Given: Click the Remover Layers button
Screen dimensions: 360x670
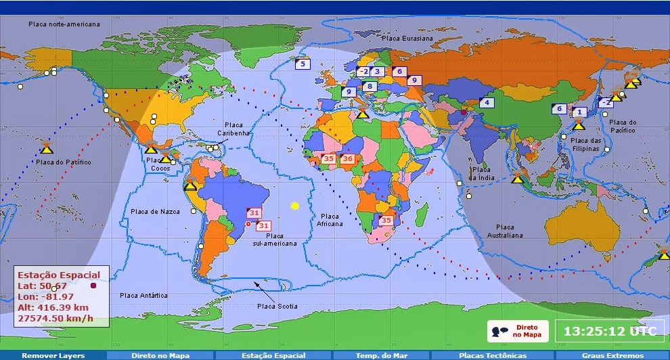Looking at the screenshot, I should click(53, 355).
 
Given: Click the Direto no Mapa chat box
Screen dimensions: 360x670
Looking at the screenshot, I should click(518, 331).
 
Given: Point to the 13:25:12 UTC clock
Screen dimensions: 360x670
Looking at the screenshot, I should click(610, 332).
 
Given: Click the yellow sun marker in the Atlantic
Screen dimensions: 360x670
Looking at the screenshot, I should click(294, 205).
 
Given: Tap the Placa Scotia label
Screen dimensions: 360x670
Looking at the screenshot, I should click(277, 307).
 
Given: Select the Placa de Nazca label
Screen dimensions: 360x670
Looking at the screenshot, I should click(156, 212).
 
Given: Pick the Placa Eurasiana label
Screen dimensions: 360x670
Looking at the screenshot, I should click(407, 39).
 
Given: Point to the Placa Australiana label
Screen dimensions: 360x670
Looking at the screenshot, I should click(505, 231).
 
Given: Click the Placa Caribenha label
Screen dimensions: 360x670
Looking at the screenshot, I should click(233, 129).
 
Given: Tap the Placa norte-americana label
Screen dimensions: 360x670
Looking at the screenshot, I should click(64, 24).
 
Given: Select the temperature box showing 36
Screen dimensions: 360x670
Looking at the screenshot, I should click(348, 158).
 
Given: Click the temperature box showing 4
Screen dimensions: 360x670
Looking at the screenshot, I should click(487, 103).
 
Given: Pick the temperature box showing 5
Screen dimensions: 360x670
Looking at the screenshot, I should click(302, 64).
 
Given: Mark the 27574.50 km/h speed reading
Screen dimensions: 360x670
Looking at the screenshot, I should click(55, 318).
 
